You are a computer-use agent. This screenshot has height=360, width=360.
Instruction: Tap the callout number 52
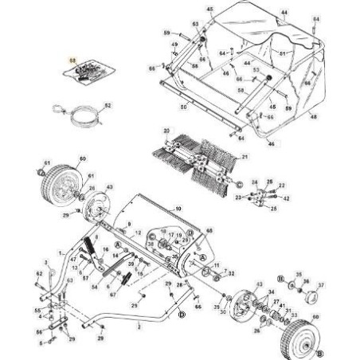109,105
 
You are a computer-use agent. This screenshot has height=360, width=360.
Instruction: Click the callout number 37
322,284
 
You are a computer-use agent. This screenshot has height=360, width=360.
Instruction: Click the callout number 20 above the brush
166,130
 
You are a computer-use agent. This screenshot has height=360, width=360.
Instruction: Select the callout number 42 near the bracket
287,198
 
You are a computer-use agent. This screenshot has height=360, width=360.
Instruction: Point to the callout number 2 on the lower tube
139,327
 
